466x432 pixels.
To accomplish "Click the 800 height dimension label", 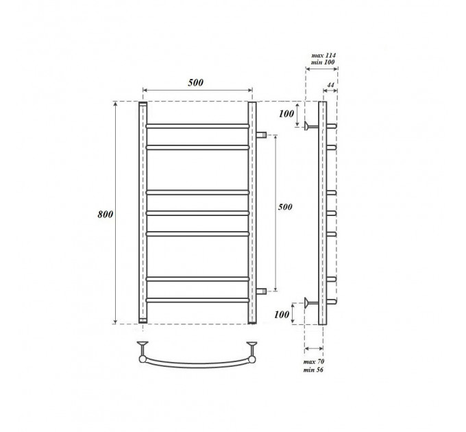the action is click(106, 214).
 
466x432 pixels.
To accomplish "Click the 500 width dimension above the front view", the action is click(195, 82).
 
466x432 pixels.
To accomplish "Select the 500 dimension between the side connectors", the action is click(285, 206).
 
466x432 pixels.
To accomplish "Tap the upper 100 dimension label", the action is click(286, 113).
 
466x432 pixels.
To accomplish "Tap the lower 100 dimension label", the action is click(282, 314).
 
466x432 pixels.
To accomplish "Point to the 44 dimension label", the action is click(330, 85).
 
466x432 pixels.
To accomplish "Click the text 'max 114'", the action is click(323, 56).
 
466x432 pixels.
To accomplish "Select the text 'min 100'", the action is click(323, 62).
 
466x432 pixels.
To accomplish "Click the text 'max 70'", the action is click(314, 361).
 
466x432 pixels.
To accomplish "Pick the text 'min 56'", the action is click(313, 370).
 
